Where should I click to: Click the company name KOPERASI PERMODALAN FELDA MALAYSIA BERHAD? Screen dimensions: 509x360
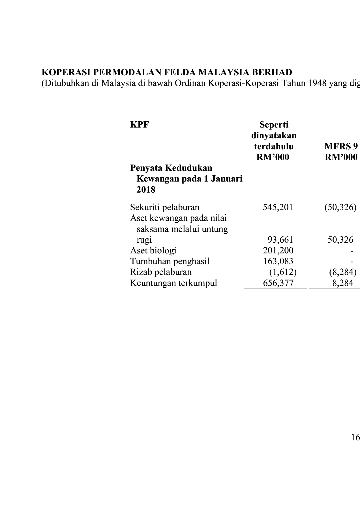tap(167, 73)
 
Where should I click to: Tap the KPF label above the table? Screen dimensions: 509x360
tap(139, 124)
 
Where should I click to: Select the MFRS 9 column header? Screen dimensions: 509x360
tap(341, 146)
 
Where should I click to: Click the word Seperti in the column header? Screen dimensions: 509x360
tap(274, 124)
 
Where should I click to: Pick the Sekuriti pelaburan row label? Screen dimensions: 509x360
tap(164, 207)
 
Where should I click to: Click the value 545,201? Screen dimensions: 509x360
tap(278, 207)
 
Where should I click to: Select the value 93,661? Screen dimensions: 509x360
tap(280, 240)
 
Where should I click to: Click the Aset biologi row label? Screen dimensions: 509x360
tap(153, 251)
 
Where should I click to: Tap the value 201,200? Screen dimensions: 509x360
tap(278, 251)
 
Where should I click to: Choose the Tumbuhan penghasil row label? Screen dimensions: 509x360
tap(170, 261)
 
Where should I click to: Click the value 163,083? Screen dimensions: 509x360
tap(278, 261)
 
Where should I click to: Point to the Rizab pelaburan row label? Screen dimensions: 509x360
tap(161, 272)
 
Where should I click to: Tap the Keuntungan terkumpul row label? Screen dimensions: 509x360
tap(173, 283)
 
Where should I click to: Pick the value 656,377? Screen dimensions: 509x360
tap(278, 283)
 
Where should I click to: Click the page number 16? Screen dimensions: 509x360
tap(355, 438)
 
